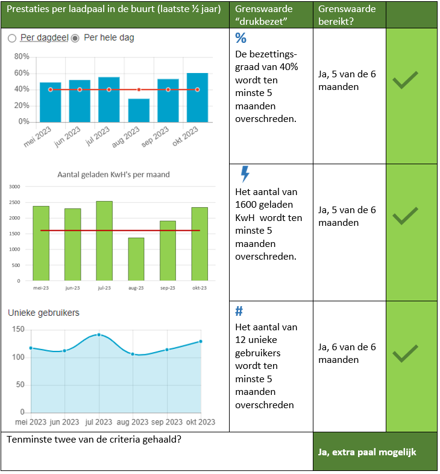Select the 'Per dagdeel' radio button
(x=12, y=38)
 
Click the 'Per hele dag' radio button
(x=75, y=38)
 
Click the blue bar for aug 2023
(x=139, y=110)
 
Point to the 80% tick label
(x=22, y=57)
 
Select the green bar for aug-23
(x=136, y=259)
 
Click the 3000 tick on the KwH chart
(x=14, y=187)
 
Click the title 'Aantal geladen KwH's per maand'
(x=113, y=175)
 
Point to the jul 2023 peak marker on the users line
(x=99, y=335)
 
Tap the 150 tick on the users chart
(x=18, y=329)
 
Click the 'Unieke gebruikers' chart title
(x=43, y=313)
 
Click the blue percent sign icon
(x=240, y=39)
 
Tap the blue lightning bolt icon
(x=245, y=174)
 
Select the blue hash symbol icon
(x=239, y=311)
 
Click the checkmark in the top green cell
(x=405, y=80)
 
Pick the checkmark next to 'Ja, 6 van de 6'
(x=405, y=353)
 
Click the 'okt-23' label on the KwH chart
(x=200, y=288)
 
